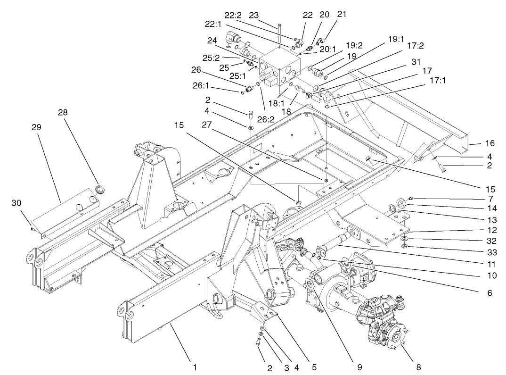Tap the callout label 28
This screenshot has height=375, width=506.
click(x=63, y=113)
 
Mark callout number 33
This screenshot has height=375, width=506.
click(x=490, y=250)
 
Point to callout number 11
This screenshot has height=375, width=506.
click(x=490, y=259)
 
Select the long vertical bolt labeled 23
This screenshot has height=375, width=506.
click(x=279, y=35)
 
